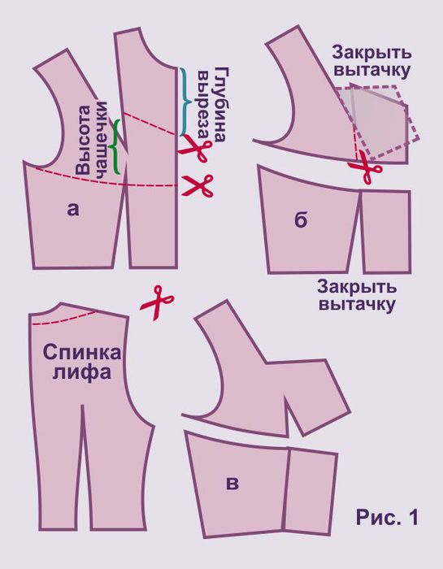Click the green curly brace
[x=115, y=147]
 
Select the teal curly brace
[x=184, y=101]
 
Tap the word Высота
[x=84, y=140]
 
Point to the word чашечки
[x=102, y=140]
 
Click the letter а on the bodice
[x=73, y=210]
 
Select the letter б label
[x=301, y=219]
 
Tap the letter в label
[x=232, y=484]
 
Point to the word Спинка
[x=82, y=352]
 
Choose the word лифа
[x=82, y=372]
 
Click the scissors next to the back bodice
[x=156, y=302]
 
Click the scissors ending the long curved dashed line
[x=198, y=185]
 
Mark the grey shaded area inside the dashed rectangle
[x=377, y=119]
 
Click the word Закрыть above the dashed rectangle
[x=372, y=53]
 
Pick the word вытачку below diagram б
[x=357, y=305]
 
